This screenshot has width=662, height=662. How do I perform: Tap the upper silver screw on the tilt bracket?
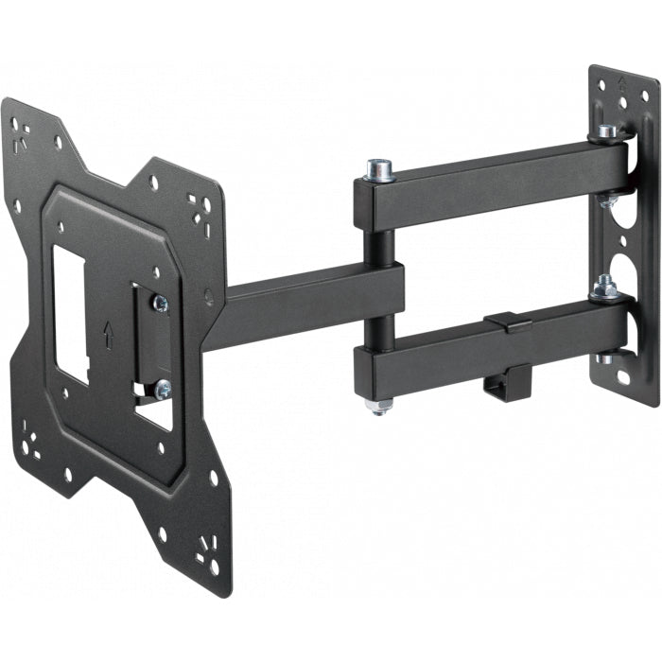click(x=160, y=303)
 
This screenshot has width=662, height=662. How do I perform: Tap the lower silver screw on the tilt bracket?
click(x=162, y=387)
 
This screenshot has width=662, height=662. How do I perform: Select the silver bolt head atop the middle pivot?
click(x=380, y=170)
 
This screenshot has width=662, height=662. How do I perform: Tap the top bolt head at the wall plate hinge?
click(x=607, y=131)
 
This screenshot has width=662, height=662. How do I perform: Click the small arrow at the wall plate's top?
click(x=619, y=82)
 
